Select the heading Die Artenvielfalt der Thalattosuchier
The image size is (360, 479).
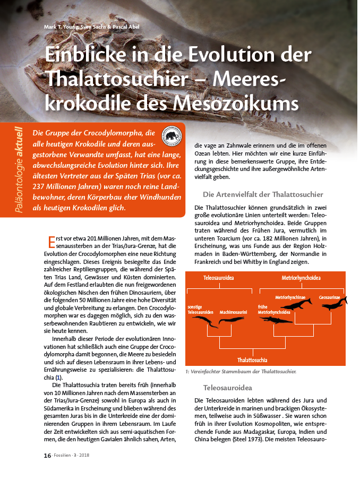tap(263, 194)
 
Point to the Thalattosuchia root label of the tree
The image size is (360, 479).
tap(252, 360)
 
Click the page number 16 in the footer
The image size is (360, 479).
tap(47, 455)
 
